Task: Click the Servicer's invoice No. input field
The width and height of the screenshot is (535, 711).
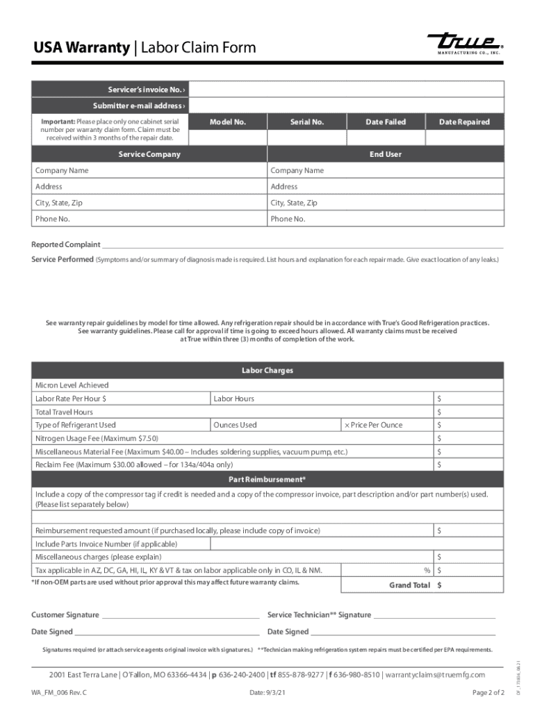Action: click(346, 90)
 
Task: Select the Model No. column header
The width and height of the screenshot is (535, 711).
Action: click(228, 122)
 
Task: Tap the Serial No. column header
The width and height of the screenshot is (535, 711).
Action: click(307, 122)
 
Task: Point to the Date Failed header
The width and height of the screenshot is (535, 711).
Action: click(386, 122)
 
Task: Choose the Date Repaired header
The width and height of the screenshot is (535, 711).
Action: click(464, 122)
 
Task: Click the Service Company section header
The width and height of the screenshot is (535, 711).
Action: click(149, 154)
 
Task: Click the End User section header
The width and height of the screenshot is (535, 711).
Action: click(386, 154)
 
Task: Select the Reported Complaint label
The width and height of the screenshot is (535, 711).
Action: click(66, 244)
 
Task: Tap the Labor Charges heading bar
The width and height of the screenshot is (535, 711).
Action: click(267, 370)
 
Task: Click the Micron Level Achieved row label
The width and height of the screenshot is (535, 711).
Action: click(72, 385)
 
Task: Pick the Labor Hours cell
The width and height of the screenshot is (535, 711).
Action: click(234, 399)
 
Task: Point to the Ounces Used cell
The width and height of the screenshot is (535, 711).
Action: click(235, 425)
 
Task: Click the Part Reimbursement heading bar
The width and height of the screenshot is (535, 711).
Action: click(267, 480)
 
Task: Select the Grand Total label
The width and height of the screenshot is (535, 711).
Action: click(409, 585)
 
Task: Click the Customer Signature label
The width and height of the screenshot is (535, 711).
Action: click(65, 615)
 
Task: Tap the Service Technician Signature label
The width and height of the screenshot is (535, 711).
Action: click(319, 615)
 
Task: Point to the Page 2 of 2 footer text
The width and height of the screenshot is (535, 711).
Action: click(488, 693)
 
